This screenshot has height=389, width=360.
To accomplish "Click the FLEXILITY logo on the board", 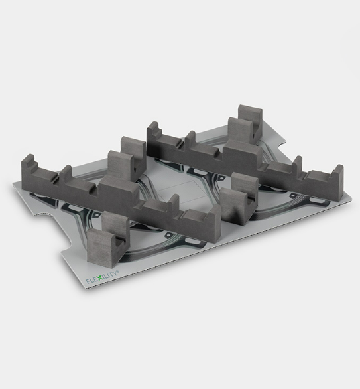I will click(x=107, y=273).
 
